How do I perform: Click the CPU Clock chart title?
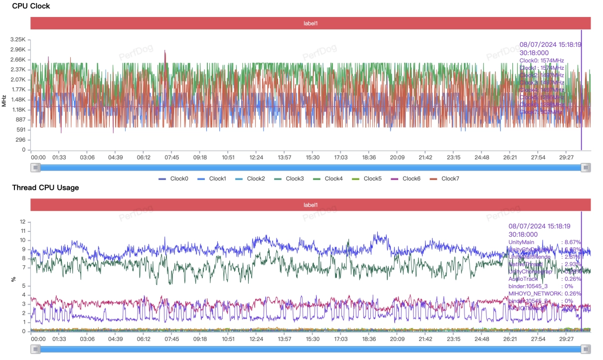(31, 6)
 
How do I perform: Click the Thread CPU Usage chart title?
(45, 187)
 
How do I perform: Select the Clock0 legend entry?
(174, 179)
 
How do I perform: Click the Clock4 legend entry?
(327, 179)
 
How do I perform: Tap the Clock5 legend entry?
(366, 179)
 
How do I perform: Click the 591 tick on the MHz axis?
(21, 130)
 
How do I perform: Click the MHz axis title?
(4, 100)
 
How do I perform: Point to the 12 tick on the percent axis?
(22, 221)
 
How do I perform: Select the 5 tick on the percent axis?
(23, 286)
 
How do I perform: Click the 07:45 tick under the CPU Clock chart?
(172, 158)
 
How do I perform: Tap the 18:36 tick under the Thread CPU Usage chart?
(369, 338)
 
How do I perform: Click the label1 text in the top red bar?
(310, 23)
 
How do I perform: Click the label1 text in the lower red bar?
(310, 205)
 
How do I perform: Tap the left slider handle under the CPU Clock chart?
(35, 168)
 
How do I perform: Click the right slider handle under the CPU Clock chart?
(586, 168)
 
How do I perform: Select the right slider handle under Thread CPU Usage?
(586, 349)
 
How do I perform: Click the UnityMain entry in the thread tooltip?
(521, 242)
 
